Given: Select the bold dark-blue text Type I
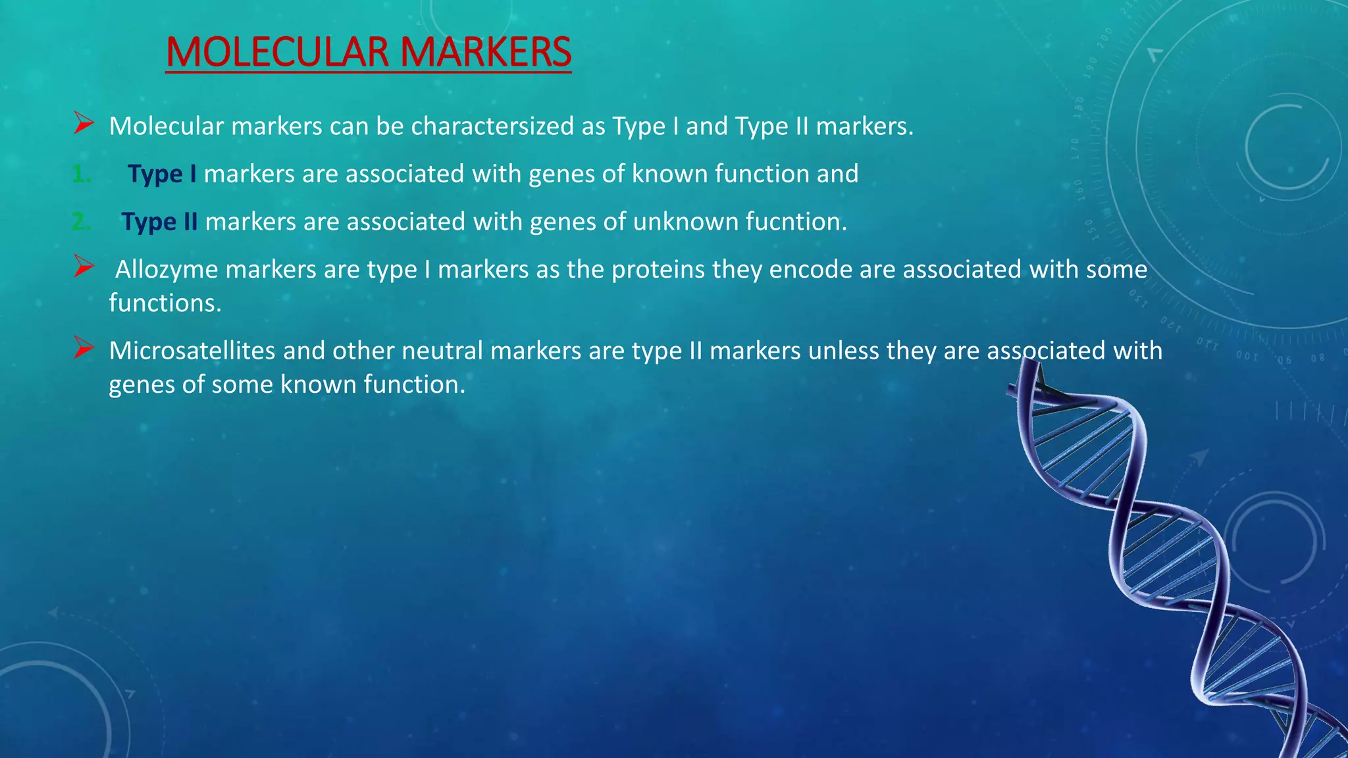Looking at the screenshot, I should pyautogui.click(x=162, y=174).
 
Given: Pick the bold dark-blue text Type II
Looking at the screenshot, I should pyautogui.click(x=159, y=222).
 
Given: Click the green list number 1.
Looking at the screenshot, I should pyautogui.click(x=81, y=174).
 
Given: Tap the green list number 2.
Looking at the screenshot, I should pyautogui.click(x=81, y=222).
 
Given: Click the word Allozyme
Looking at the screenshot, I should pyautogui.click(x=167, y=270).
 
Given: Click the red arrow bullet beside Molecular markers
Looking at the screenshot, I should pyautogui.click(x=84, y=123).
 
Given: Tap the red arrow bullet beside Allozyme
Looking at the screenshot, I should pyautogui.click(x=84, y=266).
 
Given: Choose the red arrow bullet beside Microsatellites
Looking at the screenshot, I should pyautogui.click(x=84, y=347).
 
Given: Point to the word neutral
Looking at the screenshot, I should pyautogui.click(x=442, y=351).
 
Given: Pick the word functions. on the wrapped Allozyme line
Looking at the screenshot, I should pyautogui.click(x=165, y=303).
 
